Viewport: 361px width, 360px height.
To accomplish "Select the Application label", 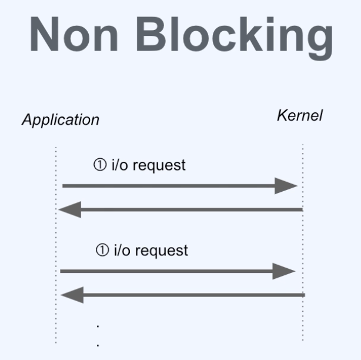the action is pos(61,121).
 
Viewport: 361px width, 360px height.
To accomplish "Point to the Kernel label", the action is pos(299,116).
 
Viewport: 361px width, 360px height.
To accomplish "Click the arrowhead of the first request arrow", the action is pos(287,186).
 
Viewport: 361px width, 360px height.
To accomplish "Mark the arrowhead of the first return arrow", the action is pos(70,210).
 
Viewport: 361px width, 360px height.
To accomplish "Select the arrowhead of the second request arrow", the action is pos(283,271).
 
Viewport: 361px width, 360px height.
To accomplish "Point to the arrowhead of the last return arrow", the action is pos(72,294).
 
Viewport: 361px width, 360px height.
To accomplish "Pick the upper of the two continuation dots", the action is pos(97,325).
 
